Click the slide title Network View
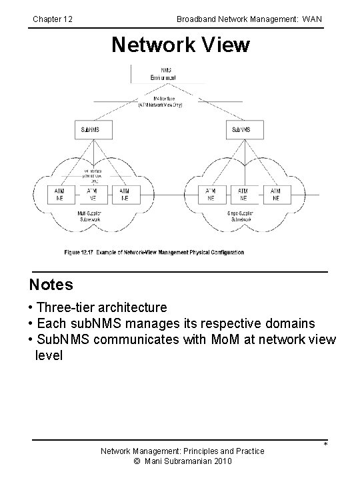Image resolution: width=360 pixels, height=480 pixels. click(180, 45)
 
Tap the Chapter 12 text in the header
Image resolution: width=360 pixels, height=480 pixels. click(53, 19)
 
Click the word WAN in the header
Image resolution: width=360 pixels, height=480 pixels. click(311, 19)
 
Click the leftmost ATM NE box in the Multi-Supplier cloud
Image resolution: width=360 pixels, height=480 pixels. click(59, 194)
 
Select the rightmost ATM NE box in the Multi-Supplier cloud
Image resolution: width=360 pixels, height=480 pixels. click(125, 194)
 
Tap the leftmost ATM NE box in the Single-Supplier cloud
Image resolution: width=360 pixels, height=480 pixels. click(211, 194)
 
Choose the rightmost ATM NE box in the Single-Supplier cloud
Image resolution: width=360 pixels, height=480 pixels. click(275, 194)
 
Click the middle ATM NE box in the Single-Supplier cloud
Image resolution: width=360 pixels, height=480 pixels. click(243, 194)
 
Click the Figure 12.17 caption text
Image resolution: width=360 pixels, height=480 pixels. click(154, 252)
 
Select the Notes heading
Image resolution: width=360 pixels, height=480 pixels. click(51, 285)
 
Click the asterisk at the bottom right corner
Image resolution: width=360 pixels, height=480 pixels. click(325, 445)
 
